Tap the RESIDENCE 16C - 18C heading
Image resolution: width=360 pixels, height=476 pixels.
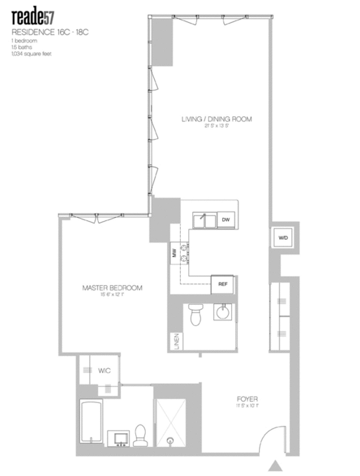50,32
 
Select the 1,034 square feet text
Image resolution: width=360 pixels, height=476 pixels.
32,54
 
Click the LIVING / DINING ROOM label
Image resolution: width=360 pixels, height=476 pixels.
216,119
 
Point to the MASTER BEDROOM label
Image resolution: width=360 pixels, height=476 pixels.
112,288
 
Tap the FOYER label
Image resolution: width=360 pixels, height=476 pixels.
247,399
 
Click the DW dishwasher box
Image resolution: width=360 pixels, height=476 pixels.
225,220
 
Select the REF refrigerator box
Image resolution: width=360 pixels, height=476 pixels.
223,284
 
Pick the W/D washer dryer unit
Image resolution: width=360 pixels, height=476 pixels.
283,238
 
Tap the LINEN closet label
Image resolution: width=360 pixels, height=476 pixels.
176,342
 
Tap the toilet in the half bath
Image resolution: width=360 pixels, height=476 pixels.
196,315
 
